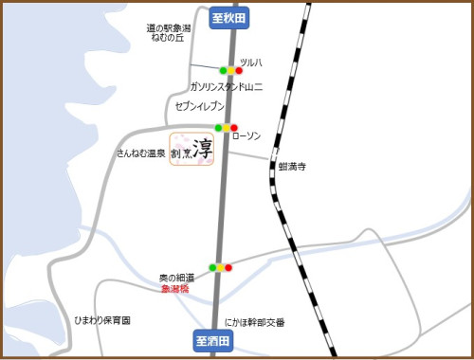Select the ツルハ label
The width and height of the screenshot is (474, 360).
(250, 63)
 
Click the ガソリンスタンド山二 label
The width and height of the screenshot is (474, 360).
(226, 86)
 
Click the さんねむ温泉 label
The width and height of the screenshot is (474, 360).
(141, 153)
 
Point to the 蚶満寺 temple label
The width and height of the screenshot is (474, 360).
(293, 167)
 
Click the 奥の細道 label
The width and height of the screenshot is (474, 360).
(176, 278)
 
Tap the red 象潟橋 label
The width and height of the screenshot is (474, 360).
(174, 288)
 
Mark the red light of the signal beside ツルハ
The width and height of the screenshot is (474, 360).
(239, 70)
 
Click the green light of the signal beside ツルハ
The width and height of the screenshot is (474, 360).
(224, 70)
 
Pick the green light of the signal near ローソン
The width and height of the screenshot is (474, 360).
(219, 127)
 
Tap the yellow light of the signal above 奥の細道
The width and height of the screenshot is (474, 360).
(221, 267)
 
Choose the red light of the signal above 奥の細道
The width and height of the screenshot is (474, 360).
(228, 267)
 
